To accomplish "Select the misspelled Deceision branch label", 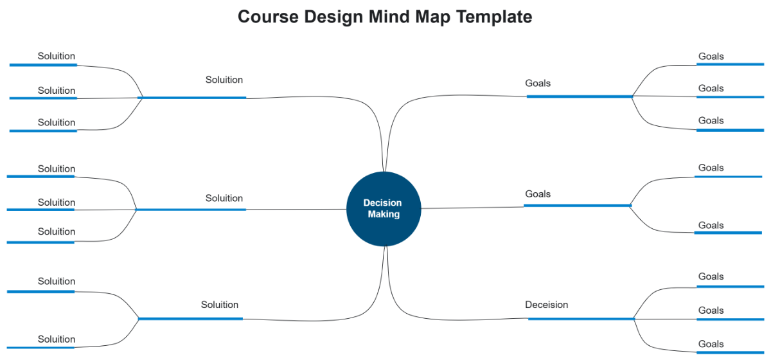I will [546, 305].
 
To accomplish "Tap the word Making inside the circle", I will [384, 214].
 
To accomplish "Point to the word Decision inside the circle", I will [382, 203].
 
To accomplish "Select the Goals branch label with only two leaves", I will [538, 194].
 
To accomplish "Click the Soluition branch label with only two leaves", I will [219, 305].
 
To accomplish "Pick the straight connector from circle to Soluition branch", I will [296, 209].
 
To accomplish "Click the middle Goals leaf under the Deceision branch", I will [711, 310].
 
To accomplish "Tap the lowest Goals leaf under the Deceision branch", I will [711, 344].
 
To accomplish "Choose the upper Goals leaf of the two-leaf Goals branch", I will [711, 168].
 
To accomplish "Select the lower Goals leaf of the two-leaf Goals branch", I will [711, 225].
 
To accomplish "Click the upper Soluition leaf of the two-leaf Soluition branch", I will [57, 281].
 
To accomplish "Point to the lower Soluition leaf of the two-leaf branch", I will [57, 339].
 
